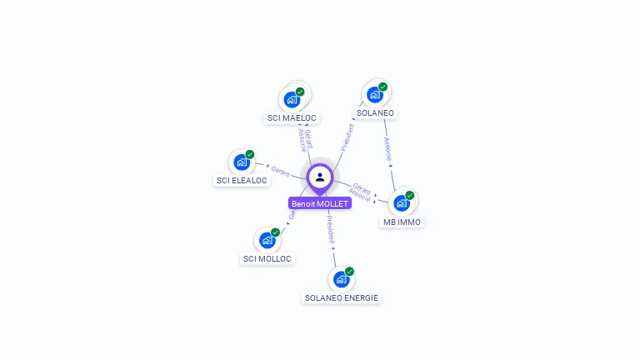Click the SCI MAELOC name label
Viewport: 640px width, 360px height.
coord(292,118)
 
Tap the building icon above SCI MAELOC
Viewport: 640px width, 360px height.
coord(292,100)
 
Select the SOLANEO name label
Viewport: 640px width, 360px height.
coord(375,113)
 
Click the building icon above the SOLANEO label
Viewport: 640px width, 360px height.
coord(375,95)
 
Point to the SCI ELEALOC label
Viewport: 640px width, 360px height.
coord(242,180)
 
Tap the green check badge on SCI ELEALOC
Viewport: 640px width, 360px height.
coord(249,155)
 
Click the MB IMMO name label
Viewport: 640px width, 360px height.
coord(402,222)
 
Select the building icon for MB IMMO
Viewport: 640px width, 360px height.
coord(401,203)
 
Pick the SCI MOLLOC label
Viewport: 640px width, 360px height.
coord(267,258)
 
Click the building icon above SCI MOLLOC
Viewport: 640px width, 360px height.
coord(267,241)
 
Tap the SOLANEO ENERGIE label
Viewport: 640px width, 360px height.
coord(342,297)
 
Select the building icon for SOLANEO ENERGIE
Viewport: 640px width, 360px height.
coord(340,279)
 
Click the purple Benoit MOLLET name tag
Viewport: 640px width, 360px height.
coord(320,203)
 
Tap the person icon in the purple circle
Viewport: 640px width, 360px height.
coord(320,177)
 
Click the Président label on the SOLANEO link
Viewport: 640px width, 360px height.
coord(347,136)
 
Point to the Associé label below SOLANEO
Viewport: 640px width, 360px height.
coord(387,147)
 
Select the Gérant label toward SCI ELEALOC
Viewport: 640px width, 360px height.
coord(280,172)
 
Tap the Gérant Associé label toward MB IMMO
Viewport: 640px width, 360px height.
coord(361,192)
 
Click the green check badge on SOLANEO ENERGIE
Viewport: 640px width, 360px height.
coord(349,272)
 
